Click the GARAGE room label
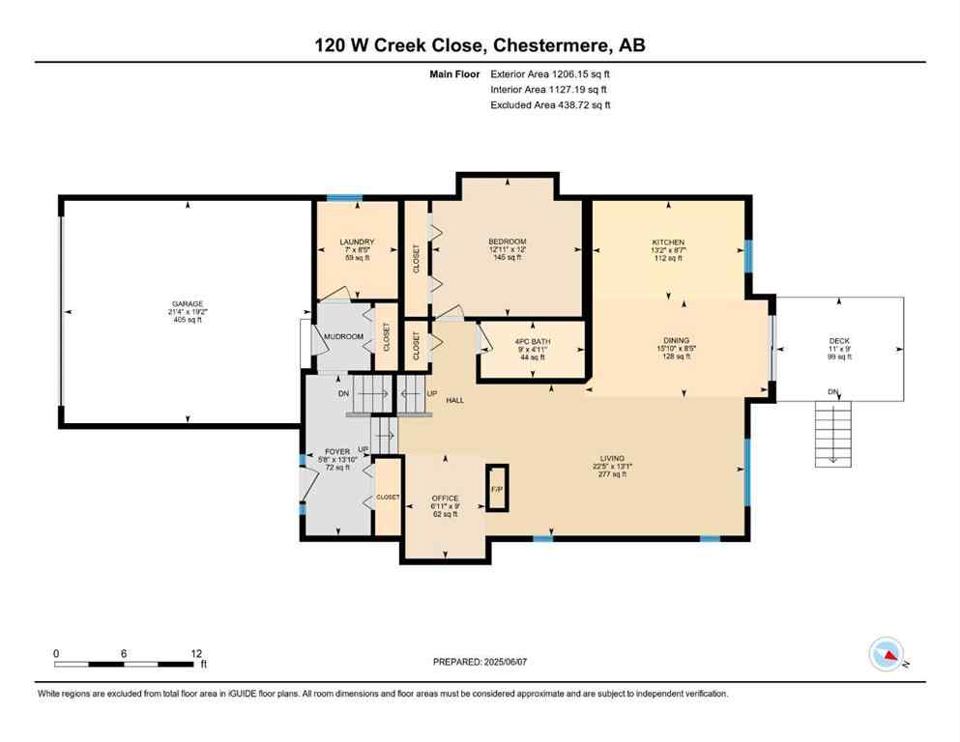188,304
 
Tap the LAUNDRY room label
357,242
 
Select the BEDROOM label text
507,242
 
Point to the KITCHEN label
667,242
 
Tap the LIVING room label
611,458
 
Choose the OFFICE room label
445,499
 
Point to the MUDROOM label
343,336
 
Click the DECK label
840,340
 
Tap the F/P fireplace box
497,488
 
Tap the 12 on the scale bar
196,653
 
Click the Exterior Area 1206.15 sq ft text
550,72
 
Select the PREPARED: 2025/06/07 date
484,662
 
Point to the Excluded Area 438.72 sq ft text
550,104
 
